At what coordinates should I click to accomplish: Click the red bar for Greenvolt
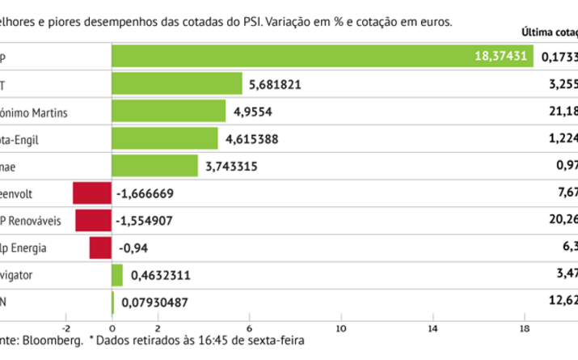click(x=91, y=193)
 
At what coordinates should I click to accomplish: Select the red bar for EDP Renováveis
click(x=93, y=221)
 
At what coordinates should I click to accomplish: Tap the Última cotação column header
click(x=550, y=33)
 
